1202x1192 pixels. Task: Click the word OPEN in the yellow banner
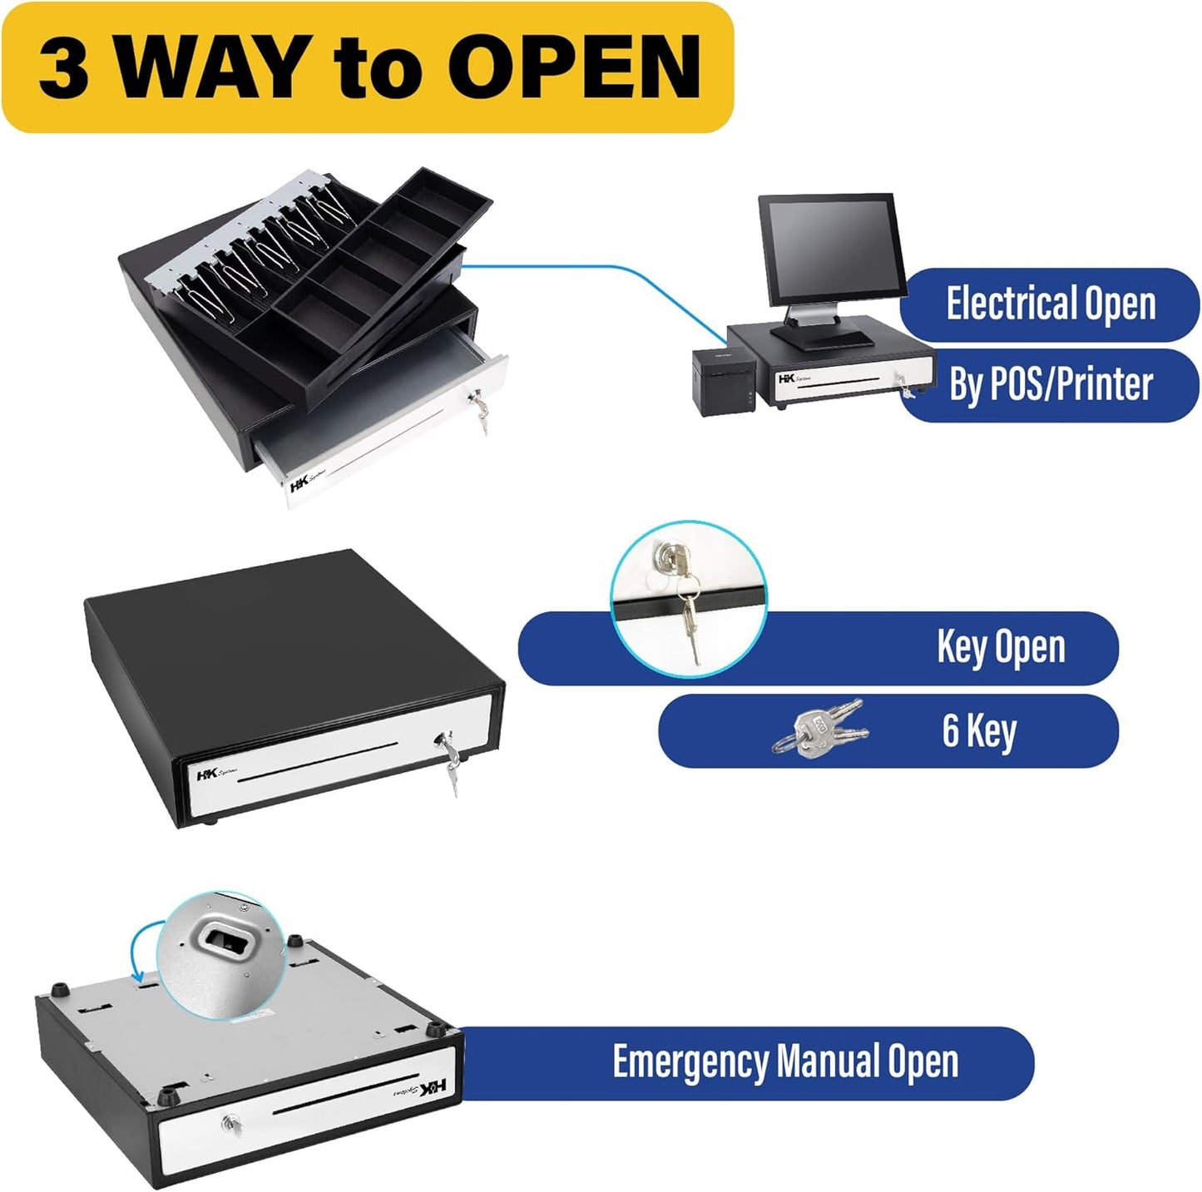pyautogui.click(x=580, y=68)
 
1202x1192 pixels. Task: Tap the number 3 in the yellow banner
pyautogui.click(x=63, y=68)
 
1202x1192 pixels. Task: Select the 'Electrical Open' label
pyautogui.click(x=1050, y=304)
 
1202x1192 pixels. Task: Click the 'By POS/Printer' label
pyautogui.click(x=1051, y=384)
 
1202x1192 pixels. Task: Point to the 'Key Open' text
pyautogui.click(x=1000, y=647)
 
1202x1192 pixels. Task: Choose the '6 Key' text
pyautogui.click(x=978, y=730)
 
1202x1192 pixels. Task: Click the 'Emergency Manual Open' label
pyautogui.click(x=784, y=1062)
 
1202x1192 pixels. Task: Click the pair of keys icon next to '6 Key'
pyautogui.click(x=820, y=729)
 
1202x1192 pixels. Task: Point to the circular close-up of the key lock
pyautogui.click(x=688, y=597)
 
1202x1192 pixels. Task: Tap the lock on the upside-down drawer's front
pyautogui.click(x=230, y=1125)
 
